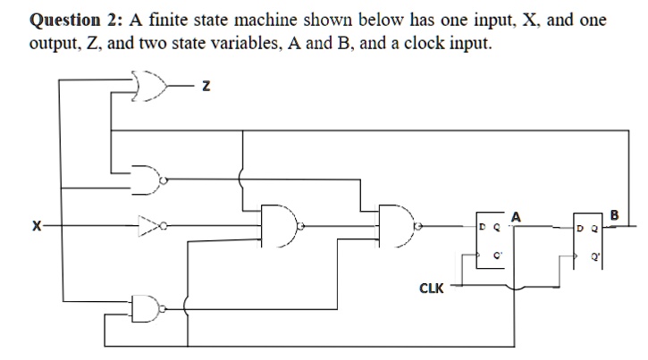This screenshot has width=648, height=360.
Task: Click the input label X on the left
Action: coord(35,227)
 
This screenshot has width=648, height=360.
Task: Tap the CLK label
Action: coord(431,288)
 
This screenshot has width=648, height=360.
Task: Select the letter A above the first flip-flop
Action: coord(516,216)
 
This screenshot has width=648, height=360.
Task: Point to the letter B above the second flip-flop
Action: coord(613,214)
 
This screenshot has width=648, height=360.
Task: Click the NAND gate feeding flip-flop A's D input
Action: coord(397,227)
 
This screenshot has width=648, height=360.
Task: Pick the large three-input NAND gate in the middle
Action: coord(281,227)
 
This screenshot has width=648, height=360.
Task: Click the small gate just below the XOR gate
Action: coord(145,179)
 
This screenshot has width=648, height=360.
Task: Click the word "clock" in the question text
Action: coord(428,45)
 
